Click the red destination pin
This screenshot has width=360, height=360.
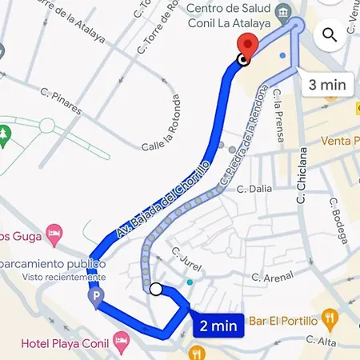[x=249, y=43]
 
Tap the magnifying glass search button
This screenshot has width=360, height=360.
[x=330, y=34]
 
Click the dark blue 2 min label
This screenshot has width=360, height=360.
[x=218, y=325]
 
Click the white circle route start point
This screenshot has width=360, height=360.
[x=156, y=290]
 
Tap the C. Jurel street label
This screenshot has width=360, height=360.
[x=186, y=258]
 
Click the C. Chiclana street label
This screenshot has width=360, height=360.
[x=302, y=174]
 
